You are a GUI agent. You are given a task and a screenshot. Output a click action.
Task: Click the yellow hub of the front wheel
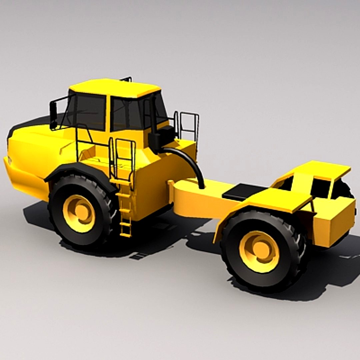tap(79, 213)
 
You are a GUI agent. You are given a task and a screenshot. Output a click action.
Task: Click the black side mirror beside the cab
tap(53, 115)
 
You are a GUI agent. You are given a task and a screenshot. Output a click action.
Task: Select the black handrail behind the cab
tap(189, 125)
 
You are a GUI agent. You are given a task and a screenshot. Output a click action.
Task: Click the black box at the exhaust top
tap(163, 137)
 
